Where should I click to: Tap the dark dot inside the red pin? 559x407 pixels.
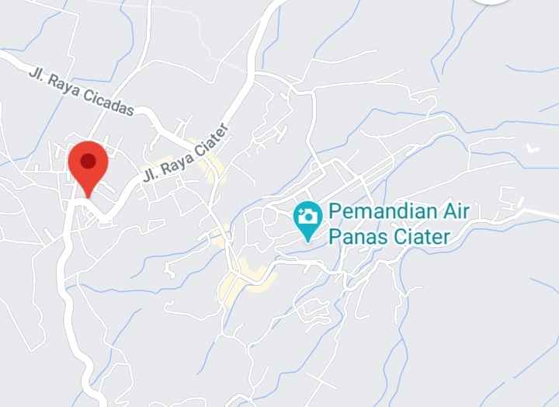[x=89, y=161]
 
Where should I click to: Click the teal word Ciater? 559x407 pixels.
[x=418, y=236]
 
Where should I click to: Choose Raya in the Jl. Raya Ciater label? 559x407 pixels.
[x=173, y=165]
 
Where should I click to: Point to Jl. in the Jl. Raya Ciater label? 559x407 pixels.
[x=149, y=176]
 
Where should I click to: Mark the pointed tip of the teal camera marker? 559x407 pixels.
[x=308, y=239]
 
